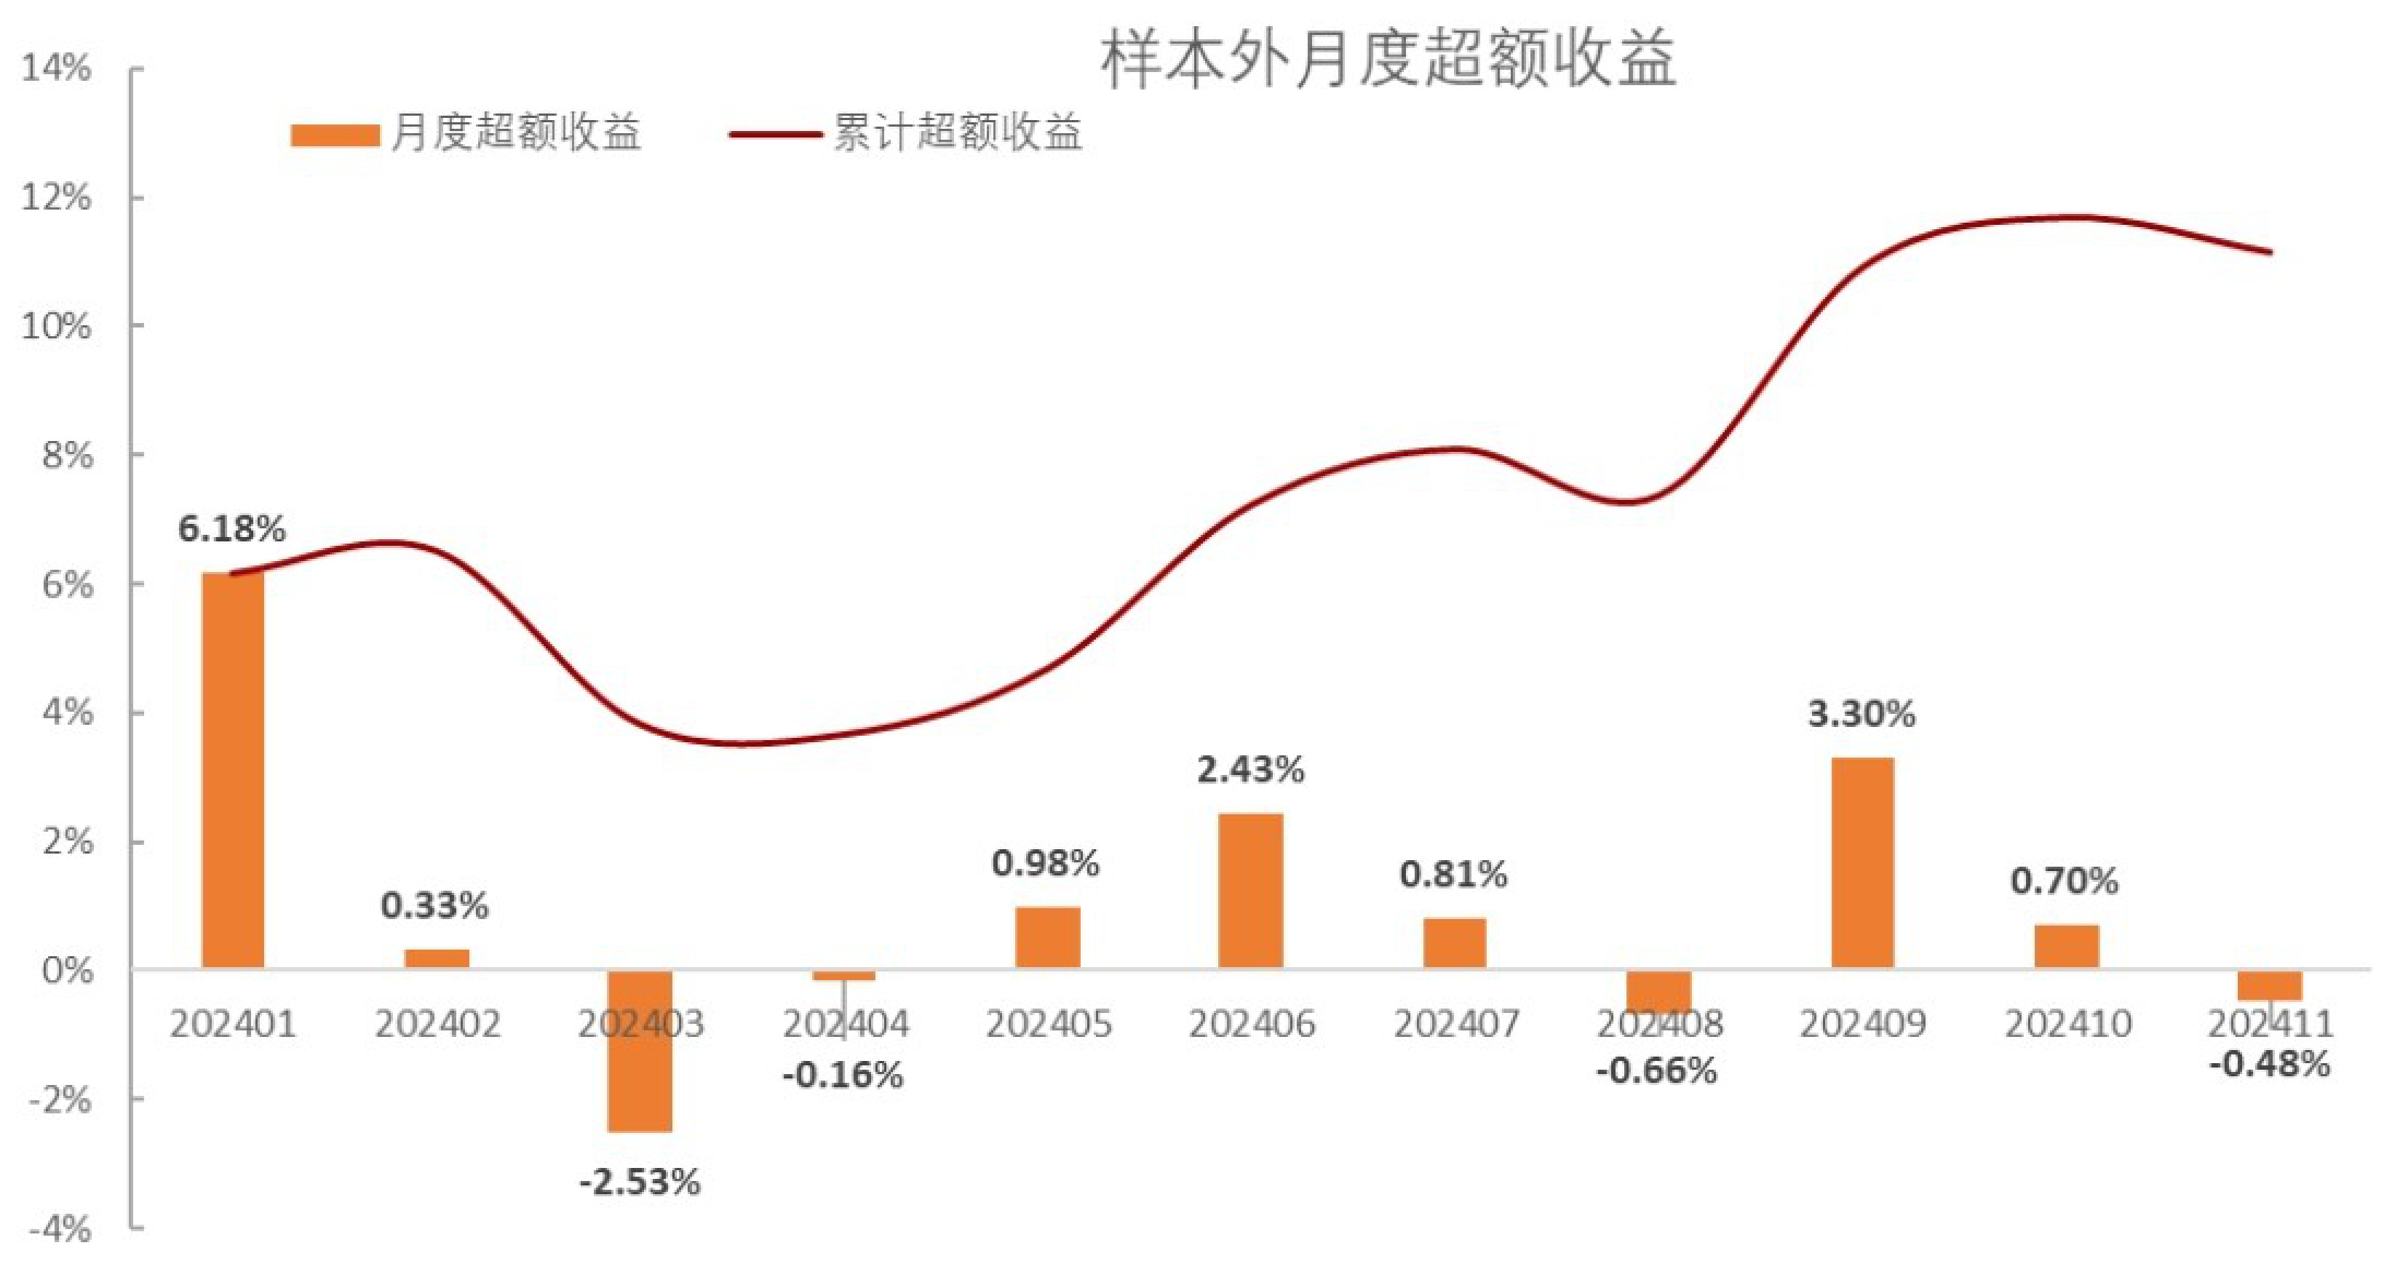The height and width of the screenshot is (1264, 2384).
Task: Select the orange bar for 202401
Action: click(233, 770)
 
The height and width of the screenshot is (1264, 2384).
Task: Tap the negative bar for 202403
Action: click(640, 1050)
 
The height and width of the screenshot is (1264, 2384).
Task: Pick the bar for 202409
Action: click(1862, 863)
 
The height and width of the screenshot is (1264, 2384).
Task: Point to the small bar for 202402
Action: click(437, 958)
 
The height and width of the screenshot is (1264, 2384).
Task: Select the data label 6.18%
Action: click(231, 529)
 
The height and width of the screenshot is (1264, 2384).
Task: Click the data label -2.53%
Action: click(640, 1182)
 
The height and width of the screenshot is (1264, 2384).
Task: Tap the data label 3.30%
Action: click(1861, 715)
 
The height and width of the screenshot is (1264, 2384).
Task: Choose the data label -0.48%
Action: click(2268, 1065)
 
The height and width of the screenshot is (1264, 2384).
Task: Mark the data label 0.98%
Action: click(1046, 863)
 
